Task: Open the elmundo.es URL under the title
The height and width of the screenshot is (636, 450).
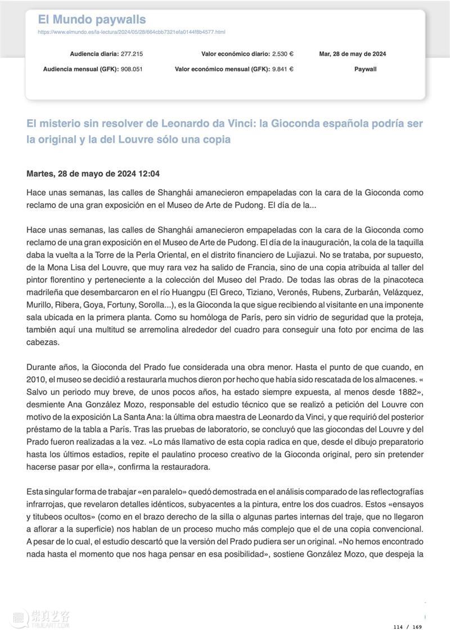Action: click(131, 32)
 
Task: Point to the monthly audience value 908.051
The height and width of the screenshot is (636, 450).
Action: click(132, 69)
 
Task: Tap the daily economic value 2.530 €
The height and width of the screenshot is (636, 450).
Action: click(282, 54)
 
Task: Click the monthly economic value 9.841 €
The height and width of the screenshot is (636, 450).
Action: click(282, 69)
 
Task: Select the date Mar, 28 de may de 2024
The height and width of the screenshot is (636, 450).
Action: click(352, 54)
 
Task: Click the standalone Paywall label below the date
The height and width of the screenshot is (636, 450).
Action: click(365, 69)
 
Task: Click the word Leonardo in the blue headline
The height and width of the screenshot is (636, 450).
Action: click(189, 123)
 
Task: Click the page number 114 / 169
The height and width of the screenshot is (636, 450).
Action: click(407, 627)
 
